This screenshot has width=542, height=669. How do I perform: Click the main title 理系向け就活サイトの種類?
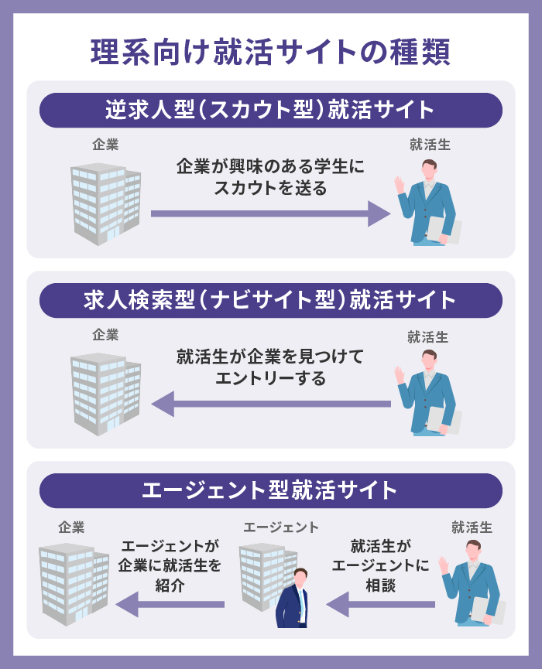[270, 52]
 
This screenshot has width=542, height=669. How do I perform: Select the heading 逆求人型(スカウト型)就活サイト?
[270, 110]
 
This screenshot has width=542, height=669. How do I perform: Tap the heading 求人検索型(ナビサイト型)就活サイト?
[270, 300]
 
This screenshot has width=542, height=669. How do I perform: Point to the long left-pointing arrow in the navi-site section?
[270, 403]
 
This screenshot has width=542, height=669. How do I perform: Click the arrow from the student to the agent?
[380, 604]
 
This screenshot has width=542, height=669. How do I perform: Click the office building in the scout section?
[105, 203]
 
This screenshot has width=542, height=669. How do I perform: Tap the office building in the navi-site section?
[105, 393]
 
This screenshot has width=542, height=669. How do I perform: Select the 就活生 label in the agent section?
[472, 527]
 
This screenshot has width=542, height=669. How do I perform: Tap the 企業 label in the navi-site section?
[105, 335]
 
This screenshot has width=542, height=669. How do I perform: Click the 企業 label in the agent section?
[71, 527]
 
